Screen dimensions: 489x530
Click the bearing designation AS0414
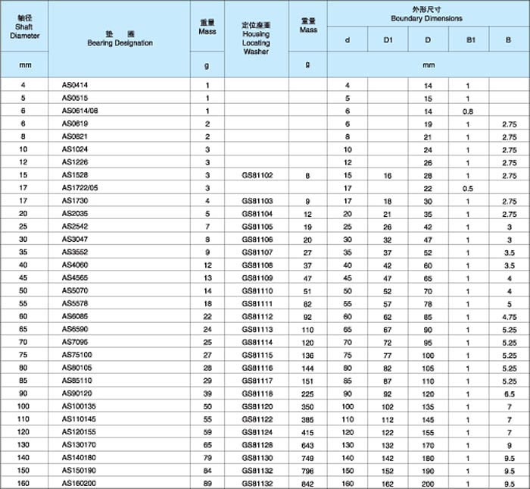[74, 86]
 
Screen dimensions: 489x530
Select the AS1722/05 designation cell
[79, 187]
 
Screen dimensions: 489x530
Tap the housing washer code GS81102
[257, 175]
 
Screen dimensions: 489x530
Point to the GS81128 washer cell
[257, 445]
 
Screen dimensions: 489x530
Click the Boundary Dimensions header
[427, 14]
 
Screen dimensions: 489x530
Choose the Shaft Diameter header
[24, 25]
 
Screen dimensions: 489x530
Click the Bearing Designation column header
[119, 39]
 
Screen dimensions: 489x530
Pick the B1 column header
[468, 38]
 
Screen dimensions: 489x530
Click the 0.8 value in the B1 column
[468, 111]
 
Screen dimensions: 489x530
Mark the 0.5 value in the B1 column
[468, 187]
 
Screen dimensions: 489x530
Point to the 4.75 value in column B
[509, 316]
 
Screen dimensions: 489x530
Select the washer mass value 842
[307, 483]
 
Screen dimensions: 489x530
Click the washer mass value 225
[307, 393]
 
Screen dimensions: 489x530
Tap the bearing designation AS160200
[79, 483]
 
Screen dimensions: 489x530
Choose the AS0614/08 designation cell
[79, 111]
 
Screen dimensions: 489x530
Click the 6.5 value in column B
[509, 393]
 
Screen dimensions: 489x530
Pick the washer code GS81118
[257, 393]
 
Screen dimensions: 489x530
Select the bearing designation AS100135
[79, 406]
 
